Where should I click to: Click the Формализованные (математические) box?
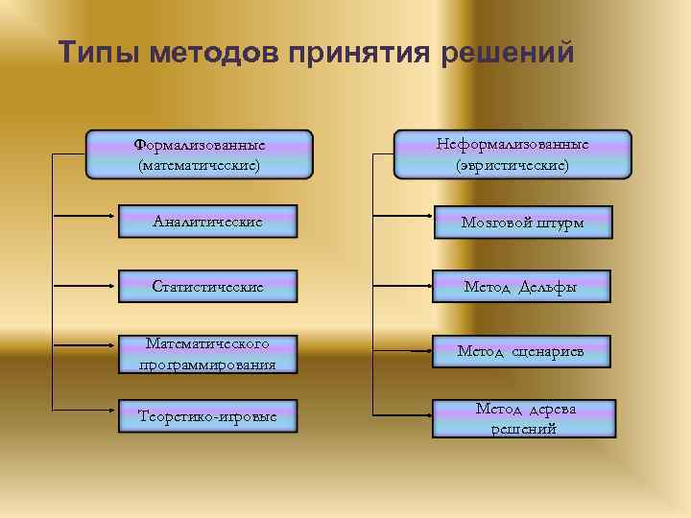(x=199, y=155)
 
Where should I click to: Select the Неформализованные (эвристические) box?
(x=512, y=154)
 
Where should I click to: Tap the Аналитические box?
(x=208, y=222)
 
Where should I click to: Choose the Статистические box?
(x=208, y=286)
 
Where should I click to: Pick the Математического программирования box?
(x=208, y=353)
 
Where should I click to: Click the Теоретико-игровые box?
(x=208, y=416)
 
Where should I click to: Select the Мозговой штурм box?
(x=521, y=222)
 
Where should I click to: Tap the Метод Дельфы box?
(x=521, y=286)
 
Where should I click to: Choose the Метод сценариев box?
(x=521, y=352)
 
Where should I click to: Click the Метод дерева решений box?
(x=521, y=417)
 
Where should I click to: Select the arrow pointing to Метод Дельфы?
(x=403, y=286)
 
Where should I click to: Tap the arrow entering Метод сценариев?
(x=403, y=352)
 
